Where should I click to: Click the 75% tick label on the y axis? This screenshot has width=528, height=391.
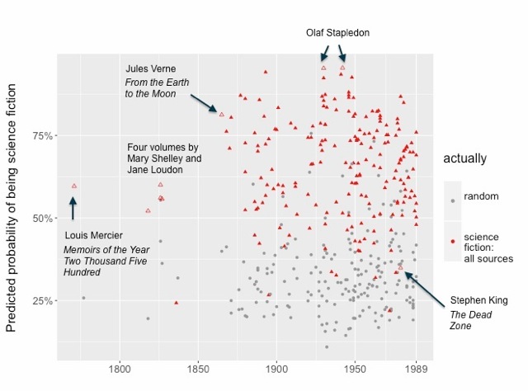[x=41, y=136]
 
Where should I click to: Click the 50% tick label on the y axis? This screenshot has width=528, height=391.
[x=41, y=219]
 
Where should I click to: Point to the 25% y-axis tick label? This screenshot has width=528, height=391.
[x=41, y=301]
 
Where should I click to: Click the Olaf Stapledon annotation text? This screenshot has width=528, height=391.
[x=338, y=33]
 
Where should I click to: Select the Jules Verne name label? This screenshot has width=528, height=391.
[x=151, y=68]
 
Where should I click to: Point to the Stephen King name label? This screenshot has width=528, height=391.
[x=479, y=300]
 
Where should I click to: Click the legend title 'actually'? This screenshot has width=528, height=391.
[x=464, y=158]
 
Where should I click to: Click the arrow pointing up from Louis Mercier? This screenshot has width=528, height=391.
[x=73, y=208]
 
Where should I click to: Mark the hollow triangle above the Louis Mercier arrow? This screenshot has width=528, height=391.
[x=74, y=186]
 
